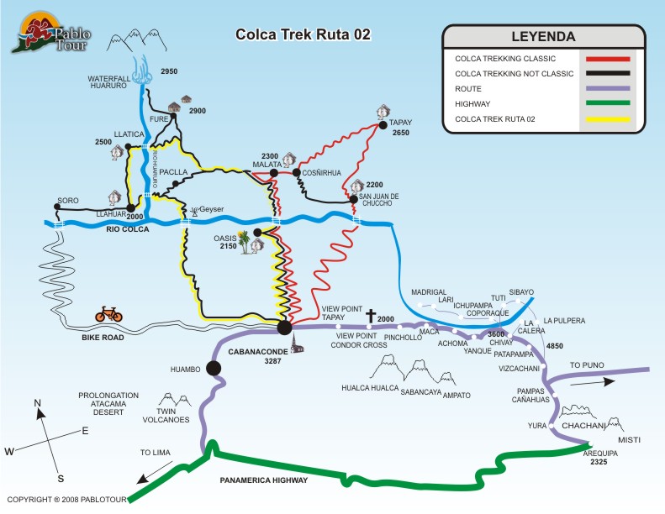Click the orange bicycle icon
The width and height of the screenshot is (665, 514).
pos(108,314)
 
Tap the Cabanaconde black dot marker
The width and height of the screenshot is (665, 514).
pos(284,328)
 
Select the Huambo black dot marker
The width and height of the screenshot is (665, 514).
pos(214,368)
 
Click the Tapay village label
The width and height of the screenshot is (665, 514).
pos(400,123)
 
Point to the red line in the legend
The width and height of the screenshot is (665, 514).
pos(608,59)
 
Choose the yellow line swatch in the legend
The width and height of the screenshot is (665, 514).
pos(608,119)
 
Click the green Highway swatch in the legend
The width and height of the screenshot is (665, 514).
pos(608,103)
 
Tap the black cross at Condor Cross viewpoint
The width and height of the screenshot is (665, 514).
pos(371,316)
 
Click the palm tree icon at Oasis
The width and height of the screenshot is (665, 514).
pos(244,242)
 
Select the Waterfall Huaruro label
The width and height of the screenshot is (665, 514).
pos(109,81)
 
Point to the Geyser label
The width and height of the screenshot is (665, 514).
pos(211,209)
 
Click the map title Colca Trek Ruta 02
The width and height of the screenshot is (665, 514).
pos(303,34)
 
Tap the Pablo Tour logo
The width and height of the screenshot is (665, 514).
pos(51,33)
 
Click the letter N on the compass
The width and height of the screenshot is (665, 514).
pos(37,402)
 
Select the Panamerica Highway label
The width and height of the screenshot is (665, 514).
pos(263,480)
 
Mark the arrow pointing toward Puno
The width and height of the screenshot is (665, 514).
pos(593,382)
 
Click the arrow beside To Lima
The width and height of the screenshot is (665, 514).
pos(155,473)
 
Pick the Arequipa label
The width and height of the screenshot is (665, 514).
pos(600,453)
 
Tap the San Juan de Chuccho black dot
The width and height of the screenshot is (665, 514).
pos(354,199)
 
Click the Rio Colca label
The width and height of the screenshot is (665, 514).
pos(127,229)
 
